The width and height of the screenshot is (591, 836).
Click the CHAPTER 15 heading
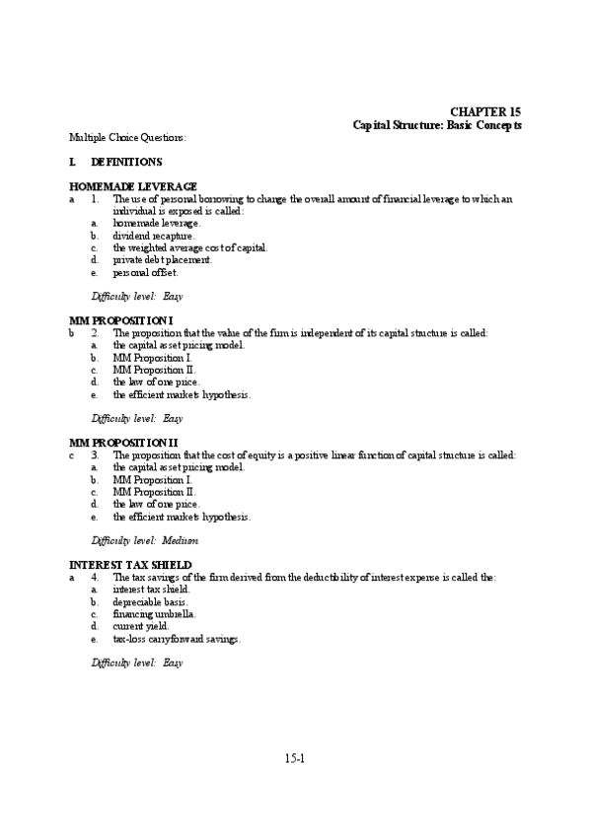486,112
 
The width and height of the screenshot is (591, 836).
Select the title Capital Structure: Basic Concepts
437,125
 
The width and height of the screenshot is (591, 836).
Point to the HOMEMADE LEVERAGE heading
133,186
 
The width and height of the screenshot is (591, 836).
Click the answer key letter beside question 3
72,455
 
